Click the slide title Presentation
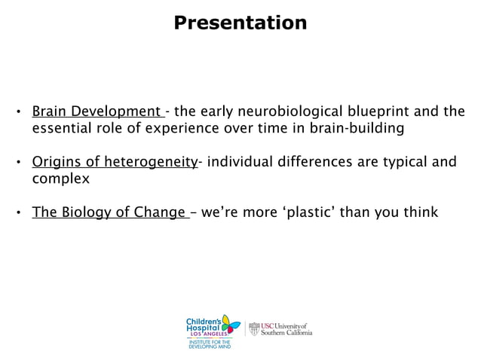[x=240, y=23]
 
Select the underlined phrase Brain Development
[x=98, y=112]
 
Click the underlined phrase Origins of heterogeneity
[x=114, y=162]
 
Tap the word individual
[x=238, y=162]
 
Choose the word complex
[x=60, y=178]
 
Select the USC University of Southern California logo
[x=280, y=329]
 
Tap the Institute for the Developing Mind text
[x=209, y=344]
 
